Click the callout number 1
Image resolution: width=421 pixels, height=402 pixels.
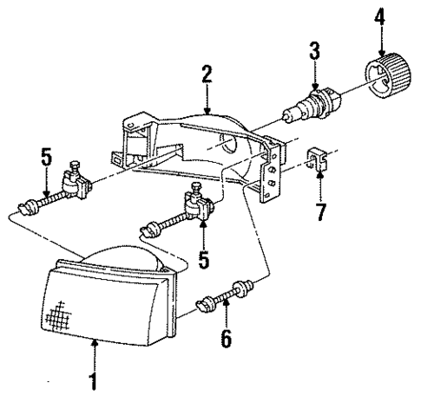[94, 379]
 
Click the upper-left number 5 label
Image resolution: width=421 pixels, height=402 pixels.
[46, 161]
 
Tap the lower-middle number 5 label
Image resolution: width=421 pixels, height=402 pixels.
[203, 257]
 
